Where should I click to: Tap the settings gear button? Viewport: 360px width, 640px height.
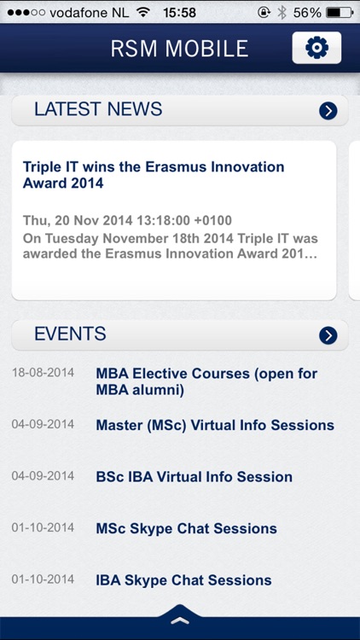(316, 48)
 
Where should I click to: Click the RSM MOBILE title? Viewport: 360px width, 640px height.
(179, 49)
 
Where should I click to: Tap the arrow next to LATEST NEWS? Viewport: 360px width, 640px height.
(328, 110)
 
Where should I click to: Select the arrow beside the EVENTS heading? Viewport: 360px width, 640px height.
(328, 335)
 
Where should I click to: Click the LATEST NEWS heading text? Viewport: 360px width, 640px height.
(98, 109)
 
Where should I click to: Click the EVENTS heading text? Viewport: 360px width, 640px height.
(70, 335)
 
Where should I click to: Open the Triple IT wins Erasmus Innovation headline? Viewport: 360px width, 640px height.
(154, 175)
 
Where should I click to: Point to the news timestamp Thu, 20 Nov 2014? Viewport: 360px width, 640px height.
(127, 221)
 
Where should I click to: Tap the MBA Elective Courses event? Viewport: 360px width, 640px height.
(206, 381)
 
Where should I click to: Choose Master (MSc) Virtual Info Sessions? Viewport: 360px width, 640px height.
(215, 425)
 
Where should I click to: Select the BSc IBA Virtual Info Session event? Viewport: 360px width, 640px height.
(194, 477)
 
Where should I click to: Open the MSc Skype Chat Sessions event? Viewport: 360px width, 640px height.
(186, 529)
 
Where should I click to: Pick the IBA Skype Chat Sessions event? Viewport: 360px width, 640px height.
(183, 580)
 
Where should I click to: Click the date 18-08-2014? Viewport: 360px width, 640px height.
(43, 373)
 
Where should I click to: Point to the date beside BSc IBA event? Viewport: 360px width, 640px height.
(43, 476)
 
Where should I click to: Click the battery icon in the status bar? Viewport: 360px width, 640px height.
(339, 13)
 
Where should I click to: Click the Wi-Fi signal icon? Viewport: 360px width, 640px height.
(142, 13)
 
